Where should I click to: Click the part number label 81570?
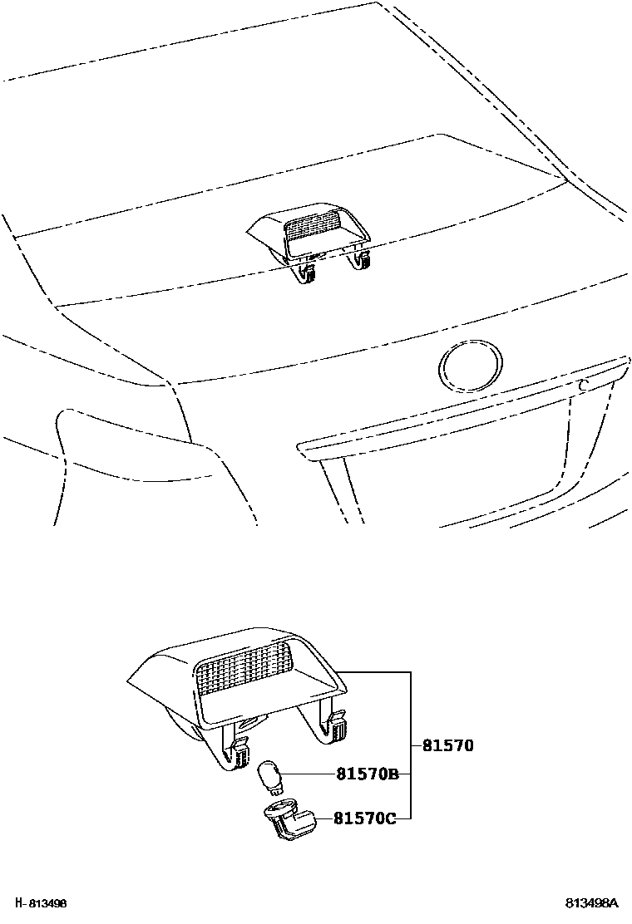[x=447, y=745]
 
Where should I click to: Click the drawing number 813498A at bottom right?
[x=592, y=903]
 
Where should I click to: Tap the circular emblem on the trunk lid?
[x=471, y=366]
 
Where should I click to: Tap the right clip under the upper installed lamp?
[x=360, y=261]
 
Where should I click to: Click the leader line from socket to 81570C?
[x=321, y=818]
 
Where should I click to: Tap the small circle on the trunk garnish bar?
[x=584, y=384]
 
